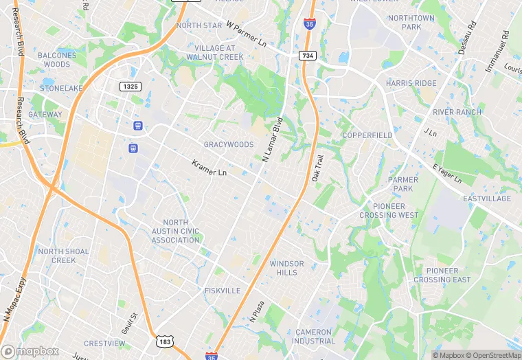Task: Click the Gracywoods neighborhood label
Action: [x=229, y=145]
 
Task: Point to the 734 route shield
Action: [x=307, y=55]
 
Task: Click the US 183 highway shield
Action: [x=164, y=341]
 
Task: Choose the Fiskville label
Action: [x=223, y=291]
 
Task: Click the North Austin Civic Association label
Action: [x=176, y=231]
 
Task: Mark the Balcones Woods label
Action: [x=57, y=60]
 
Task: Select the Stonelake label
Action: [x=61, y=89]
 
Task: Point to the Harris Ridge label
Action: [x=411, y=83]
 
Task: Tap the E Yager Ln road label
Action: [x=447, y=174]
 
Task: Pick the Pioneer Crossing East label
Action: [x=442, y=275]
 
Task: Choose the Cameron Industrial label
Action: [x=314, y=336]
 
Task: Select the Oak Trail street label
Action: [x=317, y=168]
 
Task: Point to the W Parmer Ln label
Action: [x=245, y=34]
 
